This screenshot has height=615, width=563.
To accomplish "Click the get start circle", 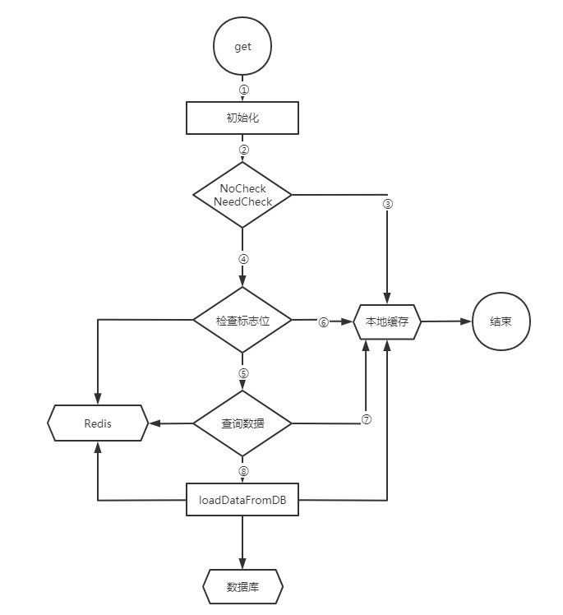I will (242, 47).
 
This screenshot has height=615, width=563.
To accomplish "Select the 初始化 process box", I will (242, 118).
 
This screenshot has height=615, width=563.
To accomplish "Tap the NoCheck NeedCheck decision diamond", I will (242, 195).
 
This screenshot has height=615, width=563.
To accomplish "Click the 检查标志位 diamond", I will (242, 321).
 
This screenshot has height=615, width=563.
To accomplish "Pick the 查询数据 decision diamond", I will (242, 423).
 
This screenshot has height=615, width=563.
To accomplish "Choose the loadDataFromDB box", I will (242, 499).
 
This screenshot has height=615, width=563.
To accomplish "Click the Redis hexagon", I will (98, 423).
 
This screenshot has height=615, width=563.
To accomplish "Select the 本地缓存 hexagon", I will (387, 321).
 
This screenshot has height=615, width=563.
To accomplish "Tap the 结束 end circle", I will (501, 321).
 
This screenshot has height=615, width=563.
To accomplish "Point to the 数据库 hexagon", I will (242, 586).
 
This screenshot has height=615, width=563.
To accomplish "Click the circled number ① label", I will (243, 89).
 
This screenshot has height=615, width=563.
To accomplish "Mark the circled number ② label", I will (243, 150).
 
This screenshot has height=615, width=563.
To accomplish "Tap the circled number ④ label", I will (243, 258).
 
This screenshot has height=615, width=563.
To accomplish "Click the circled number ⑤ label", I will (243, 372).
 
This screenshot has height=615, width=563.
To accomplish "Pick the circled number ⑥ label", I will (323, 322).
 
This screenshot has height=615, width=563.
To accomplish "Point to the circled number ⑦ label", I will (367, 418).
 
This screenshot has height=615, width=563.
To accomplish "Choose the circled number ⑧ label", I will (243, 470).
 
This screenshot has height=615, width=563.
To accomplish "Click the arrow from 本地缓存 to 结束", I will (446, 321).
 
